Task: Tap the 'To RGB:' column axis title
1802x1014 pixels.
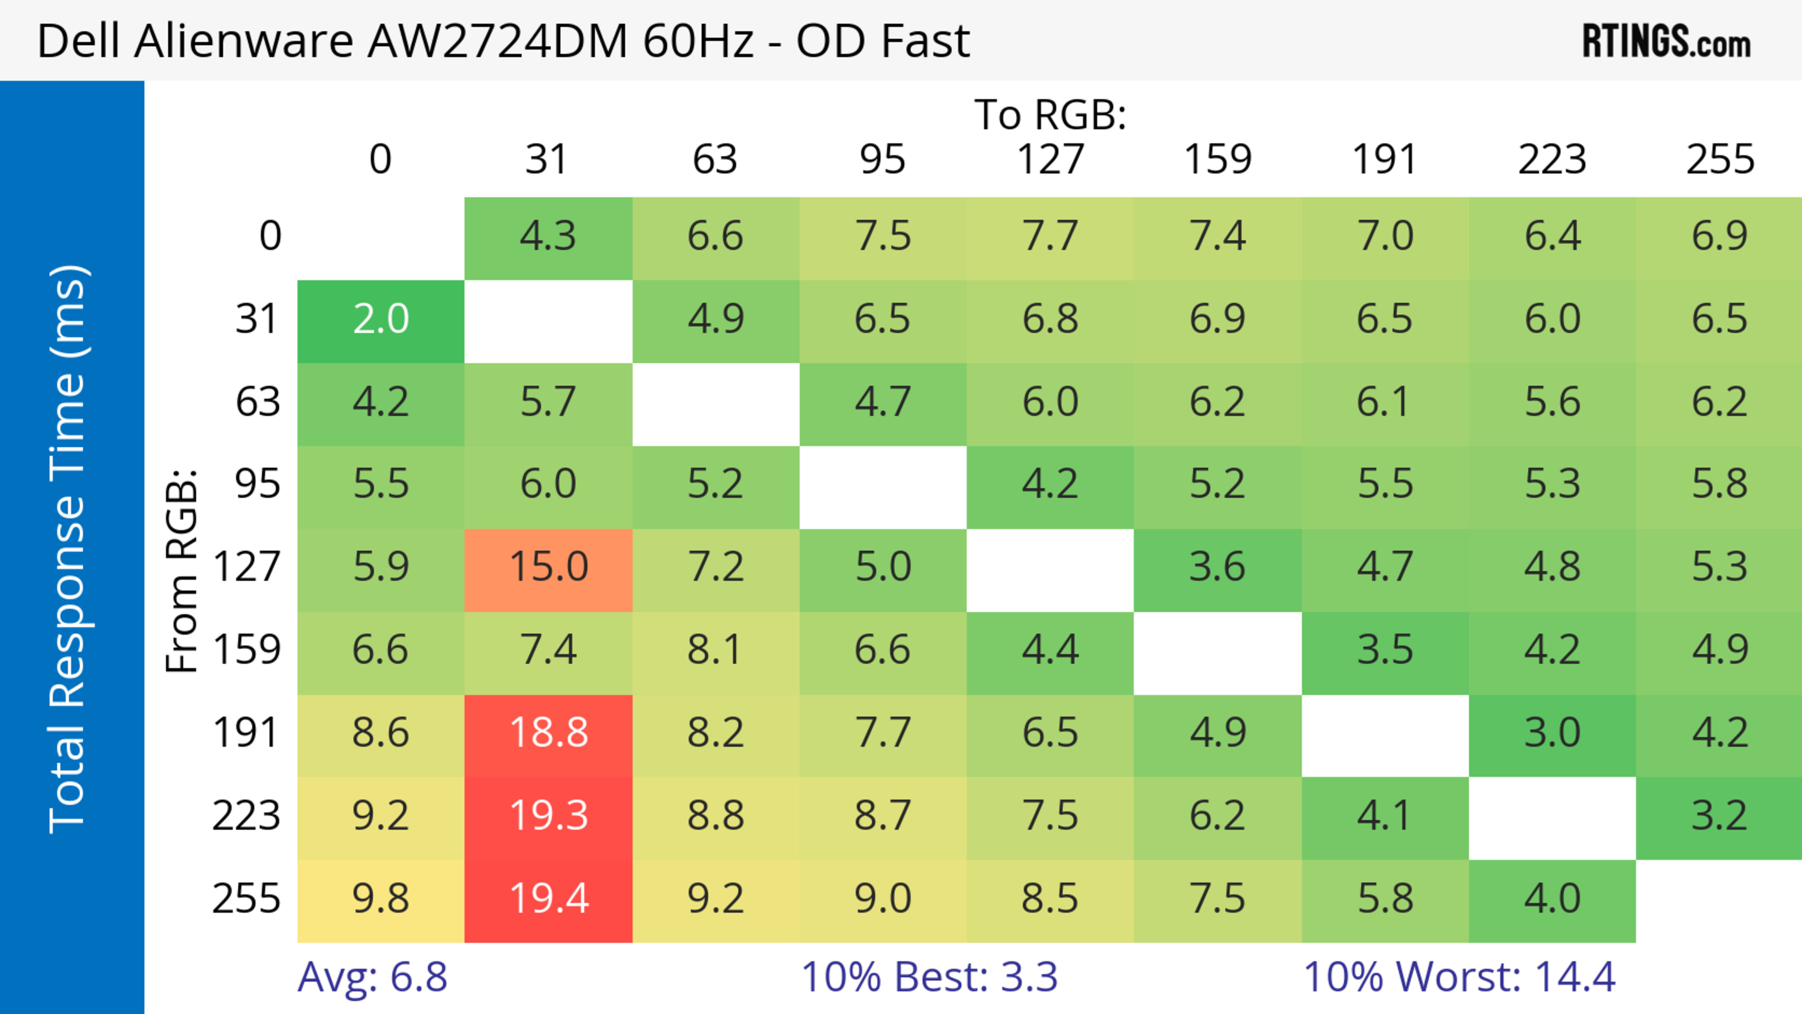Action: pos(1050,114)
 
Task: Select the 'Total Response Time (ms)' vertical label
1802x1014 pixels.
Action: pos(69,549)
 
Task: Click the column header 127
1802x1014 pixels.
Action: pos(1050,160)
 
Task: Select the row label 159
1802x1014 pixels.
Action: pos(247,650)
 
